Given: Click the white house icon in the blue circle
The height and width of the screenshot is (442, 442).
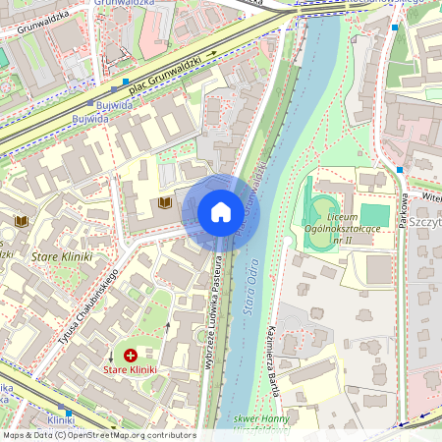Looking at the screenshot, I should pyautogui.click(x=220, y=212).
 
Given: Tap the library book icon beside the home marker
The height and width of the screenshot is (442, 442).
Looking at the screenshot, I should pyautogui.click(x=165, y=202).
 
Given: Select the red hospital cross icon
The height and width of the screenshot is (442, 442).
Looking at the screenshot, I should pyautogui.click(x=131, y=354).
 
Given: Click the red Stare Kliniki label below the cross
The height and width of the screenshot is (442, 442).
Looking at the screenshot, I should pyautogui.click(x=131, y=370).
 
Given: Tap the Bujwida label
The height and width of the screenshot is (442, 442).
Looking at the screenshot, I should pyautogui.click(x=90, y=118).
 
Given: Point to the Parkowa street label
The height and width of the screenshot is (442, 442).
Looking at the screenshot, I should pyautogui.click(x=403, y=208).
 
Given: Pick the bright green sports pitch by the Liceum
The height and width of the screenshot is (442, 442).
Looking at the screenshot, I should pyautogui.click(x=374, y=213).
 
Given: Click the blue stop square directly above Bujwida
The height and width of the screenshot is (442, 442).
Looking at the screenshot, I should pyautogui.click(x=90, y=102).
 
